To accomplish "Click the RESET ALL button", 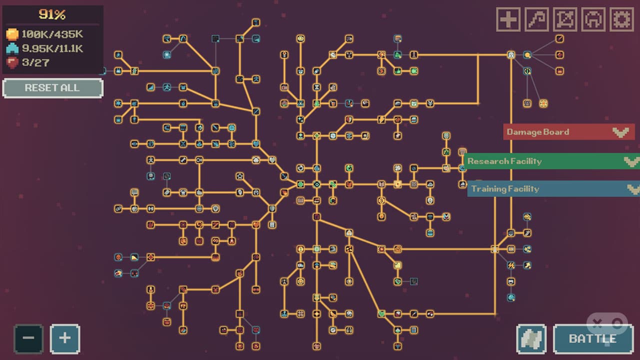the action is click(x=53, y=88).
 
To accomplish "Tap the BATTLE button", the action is click(x=593, y=339).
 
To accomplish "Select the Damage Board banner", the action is click(x=569, y=131).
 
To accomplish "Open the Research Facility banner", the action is click(x=552, y=161).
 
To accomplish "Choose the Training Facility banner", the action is click(x=553, y=188).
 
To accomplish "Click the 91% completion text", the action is click(x=52, y=14).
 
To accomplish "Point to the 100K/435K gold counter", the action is click(x=52, y=34).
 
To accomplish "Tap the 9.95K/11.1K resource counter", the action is click(x=52, y=48).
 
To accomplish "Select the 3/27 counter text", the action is click(x=35, y=62).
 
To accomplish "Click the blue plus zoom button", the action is click(x=65, y=339).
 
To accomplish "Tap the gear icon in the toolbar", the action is click(x=621, y=19).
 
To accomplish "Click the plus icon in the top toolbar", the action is click(x=508, y=19).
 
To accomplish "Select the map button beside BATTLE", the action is click(x=531, y=339).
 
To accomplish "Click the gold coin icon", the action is click(x=12, y=34).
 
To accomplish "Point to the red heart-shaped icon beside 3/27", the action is click(x=12, y=62).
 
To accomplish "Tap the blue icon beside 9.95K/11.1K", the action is click(x=12, y=48).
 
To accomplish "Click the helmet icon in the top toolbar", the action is click(x=593, y=19).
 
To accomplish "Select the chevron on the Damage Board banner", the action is click(x=621, y=132).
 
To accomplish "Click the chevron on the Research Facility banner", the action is click(x=632, y=161).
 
